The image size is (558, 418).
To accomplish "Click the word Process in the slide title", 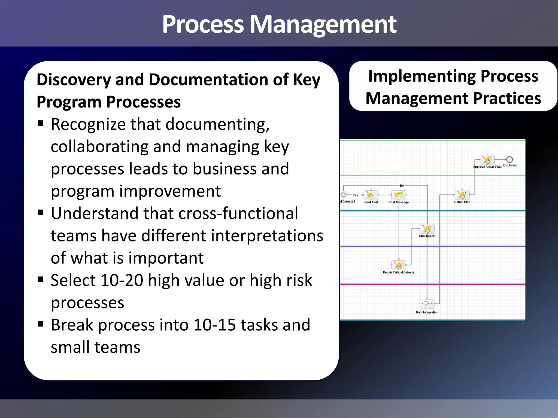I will coord(203,24).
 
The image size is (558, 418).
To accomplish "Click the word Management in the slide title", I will coord(323,24).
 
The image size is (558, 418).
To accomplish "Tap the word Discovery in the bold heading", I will coord(74,80).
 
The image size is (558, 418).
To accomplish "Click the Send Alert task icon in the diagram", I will coord(371,195).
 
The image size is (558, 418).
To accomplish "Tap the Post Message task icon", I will coord(399,195).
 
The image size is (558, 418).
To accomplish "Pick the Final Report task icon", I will coord(427,229).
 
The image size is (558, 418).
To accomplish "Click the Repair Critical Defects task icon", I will coord(399,265).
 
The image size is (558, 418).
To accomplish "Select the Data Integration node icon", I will coord(427,303).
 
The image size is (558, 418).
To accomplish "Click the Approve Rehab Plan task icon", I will coord(487,160).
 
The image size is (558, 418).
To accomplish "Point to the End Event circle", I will coord(510,160).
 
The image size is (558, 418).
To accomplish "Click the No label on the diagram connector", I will coord(402,186).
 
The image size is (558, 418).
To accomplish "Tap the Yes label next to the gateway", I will coord(355,195).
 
